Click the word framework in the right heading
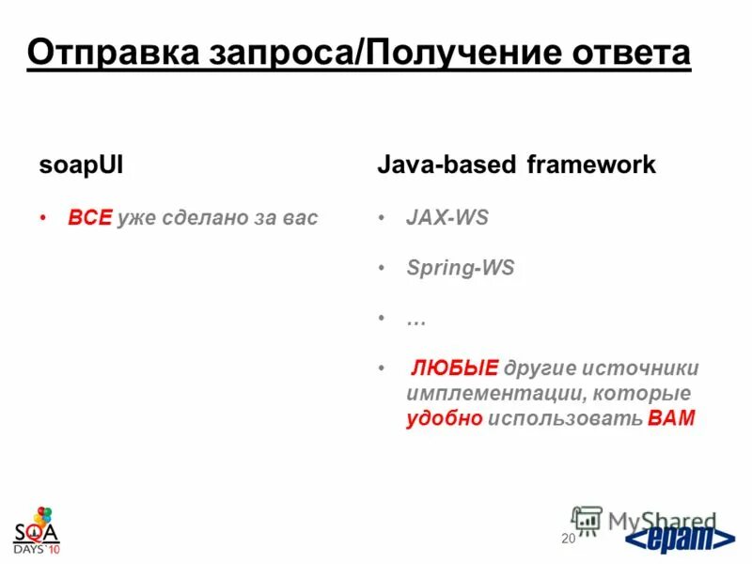coord(590,165)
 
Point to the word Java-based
coord(446,165)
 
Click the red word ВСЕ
coord(89,218)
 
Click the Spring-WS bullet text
coord(460,268)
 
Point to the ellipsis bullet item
coord(415,319)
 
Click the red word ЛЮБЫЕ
coord(455,368)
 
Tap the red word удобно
coord(445,418)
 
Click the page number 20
coord(567,539)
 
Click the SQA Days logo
coord(36,531)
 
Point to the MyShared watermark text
coord(662,520)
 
